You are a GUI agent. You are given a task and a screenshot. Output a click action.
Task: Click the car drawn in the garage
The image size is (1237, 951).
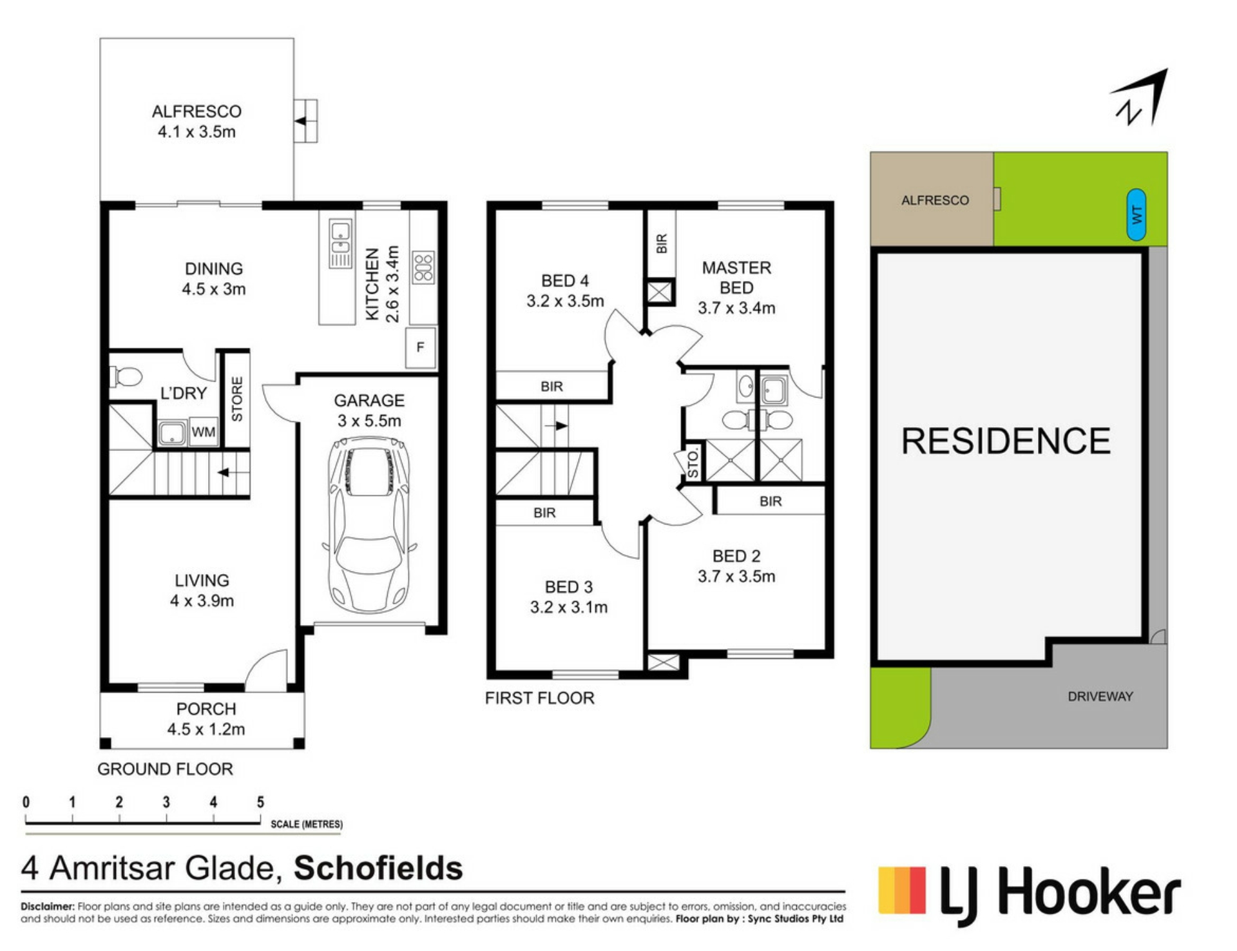click(369, 525)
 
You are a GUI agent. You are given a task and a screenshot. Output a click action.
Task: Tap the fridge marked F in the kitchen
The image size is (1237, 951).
click(421, 347)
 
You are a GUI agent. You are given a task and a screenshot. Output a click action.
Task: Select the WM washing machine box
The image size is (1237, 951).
click(204, 432)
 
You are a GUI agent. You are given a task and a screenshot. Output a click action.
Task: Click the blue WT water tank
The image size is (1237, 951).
click(1136, 215)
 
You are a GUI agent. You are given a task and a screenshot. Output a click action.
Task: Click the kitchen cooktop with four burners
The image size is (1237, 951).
click(423, 267)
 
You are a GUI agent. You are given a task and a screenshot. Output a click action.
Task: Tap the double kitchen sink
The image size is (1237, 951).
click(340, 243)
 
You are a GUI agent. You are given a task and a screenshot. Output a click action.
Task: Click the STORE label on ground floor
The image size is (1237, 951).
click(237, 399)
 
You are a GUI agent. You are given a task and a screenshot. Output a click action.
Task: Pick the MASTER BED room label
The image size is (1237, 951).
click(736, 278)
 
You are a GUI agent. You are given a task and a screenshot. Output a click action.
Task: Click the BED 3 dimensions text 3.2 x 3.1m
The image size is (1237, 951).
click(569, 607)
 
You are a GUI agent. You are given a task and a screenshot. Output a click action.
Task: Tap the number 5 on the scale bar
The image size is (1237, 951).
click(260, 802)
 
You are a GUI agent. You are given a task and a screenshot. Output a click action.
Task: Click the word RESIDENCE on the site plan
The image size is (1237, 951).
click(1006, 441)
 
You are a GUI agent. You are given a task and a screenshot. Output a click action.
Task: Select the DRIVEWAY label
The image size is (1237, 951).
click(1100, 696)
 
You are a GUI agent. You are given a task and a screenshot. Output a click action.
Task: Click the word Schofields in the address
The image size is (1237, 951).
click(378, 868)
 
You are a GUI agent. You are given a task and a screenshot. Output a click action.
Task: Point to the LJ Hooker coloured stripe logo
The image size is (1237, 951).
click(902, 891)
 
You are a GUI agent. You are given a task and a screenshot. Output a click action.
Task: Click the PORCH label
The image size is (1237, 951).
click(206, 709)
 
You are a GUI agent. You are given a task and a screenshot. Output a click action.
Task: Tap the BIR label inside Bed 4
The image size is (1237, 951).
click(551, 387)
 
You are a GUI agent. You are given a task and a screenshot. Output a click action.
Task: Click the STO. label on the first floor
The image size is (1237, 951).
click(693, 464)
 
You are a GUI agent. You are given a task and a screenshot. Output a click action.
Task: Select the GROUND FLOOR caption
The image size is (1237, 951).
click(165, 769)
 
